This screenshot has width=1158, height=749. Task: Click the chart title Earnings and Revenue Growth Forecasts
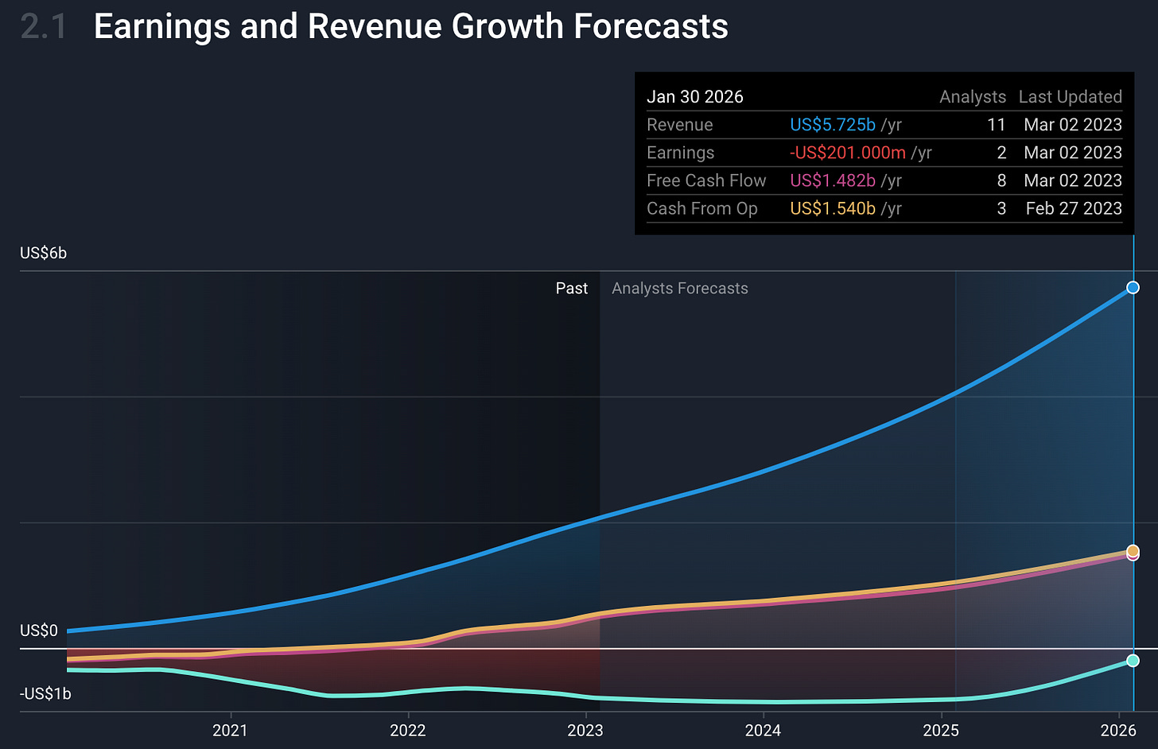410,26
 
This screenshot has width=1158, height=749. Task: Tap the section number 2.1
44,26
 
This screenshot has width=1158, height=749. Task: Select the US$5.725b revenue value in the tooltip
833,125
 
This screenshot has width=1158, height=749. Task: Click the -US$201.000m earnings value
848,153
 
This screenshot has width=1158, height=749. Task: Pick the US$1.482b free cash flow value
833,180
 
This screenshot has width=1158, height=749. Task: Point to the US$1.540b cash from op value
833,208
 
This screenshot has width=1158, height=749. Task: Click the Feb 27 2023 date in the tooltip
1074,208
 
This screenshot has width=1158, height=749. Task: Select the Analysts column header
972,97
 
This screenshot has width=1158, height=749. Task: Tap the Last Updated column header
1070,97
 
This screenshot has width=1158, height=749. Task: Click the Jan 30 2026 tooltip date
695,97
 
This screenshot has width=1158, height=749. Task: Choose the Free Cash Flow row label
706,180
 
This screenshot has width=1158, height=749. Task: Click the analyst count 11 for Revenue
997,125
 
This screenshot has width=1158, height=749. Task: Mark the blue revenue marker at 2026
1133,288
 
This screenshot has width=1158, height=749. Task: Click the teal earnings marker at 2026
1133,661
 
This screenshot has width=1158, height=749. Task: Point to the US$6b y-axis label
44,254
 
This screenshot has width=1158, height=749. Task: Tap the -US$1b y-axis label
45,694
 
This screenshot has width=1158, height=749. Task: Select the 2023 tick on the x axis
585,730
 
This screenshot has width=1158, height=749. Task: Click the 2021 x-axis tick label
230,730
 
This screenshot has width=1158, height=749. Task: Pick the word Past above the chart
572,289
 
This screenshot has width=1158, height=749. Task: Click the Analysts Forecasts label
680,289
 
